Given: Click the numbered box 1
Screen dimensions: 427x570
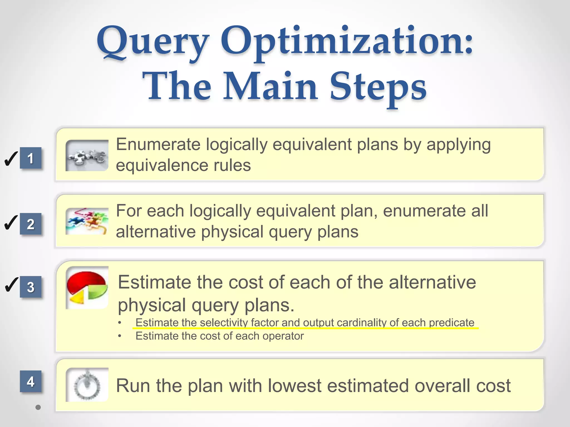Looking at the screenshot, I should (31, 158).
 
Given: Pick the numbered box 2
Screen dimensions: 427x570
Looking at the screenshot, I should (31, 224).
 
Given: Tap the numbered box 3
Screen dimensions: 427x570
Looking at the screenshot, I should (31, 287).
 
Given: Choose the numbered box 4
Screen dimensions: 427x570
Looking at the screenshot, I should (31, 381).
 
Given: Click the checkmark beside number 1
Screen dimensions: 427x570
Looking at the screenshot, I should (11, 159).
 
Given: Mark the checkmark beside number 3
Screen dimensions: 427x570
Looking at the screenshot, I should (11, 285).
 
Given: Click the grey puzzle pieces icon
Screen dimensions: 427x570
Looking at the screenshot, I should (87, 156).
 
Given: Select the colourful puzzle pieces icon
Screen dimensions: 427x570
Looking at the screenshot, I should (87, 222).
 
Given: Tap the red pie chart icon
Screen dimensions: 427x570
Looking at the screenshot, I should (87, 288).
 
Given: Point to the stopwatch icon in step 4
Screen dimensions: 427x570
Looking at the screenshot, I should (87, 385).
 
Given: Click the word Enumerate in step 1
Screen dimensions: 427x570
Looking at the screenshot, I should (158, 145).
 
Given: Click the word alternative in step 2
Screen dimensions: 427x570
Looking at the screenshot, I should (156, 232).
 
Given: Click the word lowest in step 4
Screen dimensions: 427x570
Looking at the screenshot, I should (295, 386).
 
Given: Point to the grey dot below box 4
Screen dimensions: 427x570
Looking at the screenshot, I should (38, 407).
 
